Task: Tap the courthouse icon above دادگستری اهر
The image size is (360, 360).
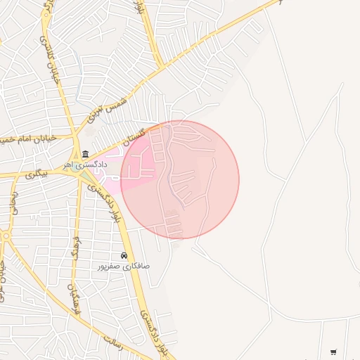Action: click(x=85, y=155)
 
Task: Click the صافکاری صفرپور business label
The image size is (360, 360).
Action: click(x=124, y=267)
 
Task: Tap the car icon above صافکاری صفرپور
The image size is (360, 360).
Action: click(x=124, y=256)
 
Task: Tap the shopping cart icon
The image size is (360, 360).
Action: click(x=333, y=352)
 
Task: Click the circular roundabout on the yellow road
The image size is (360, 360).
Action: click(x=4, y=237)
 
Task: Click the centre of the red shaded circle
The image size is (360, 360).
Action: click(x=180, y=179)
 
